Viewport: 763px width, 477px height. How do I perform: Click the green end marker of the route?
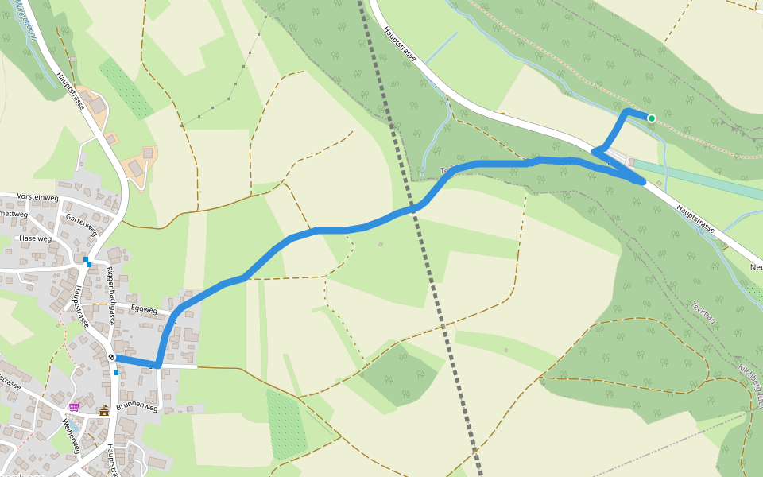[x=652, y=118]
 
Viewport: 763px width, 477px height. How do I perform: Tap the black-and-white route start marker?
[x=112, y=357]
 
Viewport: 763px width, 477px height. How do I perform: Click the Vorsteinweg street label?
[x=37, y=196]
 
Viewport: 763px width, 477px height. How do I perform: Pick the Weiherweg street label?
[x=71, y=436]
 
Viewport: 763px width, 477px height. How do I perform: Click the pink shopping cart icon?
[x=74, y=407]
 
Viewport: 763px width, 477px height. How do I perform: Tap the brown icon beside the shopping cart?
[x=104, y=410]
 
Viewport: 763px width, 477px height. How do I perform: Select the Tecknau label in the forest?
[x=703, y=316]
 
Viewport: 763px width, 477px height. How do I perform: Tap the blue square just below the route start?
[x=116, y=372]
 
